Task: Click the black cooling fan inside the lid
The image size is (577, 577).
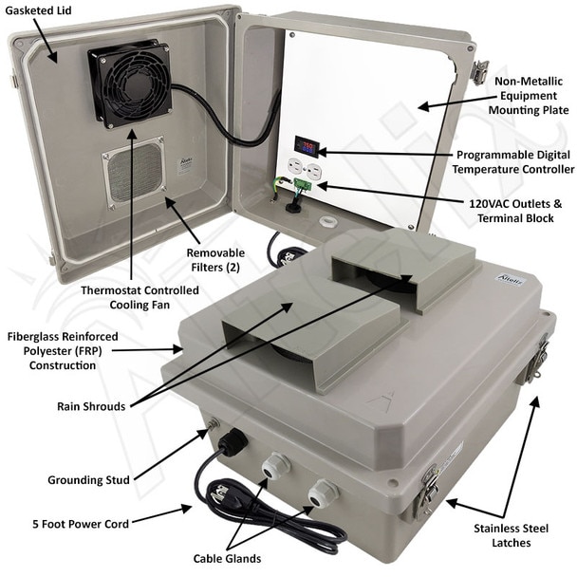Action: (130, 84)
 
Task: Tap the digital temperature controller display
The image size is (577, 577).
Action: (306, 146)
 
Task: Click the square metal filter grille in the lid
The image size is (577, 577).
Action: (134, 173)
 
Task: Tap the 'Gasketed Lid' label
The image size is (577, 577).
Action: (38, 10)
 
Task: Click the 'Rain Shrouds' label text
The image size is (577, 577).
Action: (91, 406)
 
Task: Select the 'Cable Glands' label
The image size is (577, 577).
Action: (227, 558)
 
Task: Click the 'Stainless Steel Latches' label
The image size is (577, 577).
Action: (512, 535)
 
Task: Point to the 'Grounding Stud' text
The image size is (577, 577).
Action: (88, 480)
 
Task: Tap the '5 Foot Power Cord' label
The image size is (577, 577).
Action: (81, 524)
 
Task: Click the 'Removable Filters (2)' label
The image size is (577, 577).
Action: (215, 260)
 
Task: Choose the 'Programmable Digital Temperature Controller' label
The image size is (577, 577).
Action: (513, 162)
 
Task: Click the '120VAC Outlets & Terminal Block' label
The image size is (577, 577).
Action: (515, 211)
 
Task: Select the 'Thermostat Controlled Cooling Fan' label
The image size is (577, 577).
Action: (140, 297)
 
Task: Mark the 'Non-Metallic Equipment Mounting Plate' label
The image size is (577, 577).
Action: (529, 96)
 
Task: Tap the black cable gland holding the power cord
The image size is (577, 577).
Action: (233, 440)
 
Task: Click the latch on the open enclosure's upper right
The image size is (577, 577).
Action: (480, 72)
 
